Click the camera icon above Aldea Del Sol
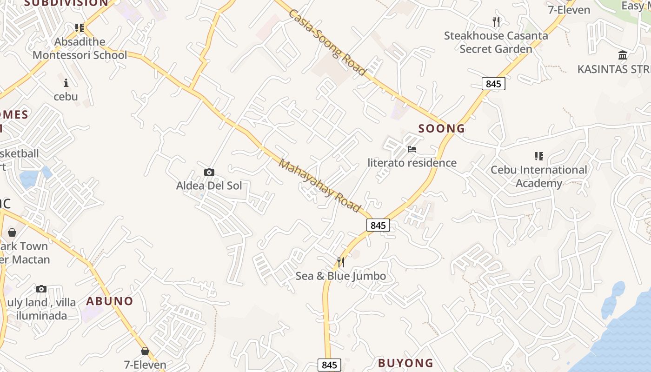[x=209, y=173]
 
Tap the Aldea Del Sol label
[x=209, y=186]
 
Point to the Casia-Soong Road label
[x=327, y=42]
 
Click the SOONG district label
[x=442, y=129]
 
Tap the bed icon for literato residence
[x=412, y=150]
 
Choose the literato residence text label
[x=412, y=163]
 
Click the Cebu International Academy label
[x=539, y=176]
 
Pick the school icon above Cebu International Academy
[x=539, y=156]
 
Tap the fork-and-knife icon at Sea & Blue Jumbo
[x=341, y=262]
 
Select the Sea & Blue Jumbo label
[x=341, y=276]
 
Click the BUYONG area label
[x=405, y=363]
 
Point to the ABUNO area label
[x=110, y=301]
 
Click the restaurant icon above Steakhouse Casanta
[x=496, y=21]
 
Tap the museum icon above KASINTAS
[x=623, y=56]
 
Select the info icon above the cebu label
[x=66, y=83]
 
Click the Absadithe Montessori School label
[x=80, y=48]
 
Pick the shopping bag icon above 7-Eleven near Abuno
[x=145, y=351]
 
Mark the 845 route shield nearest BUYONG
[x=329, y=365]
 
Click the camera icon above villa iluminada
[x=41, y=289]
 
